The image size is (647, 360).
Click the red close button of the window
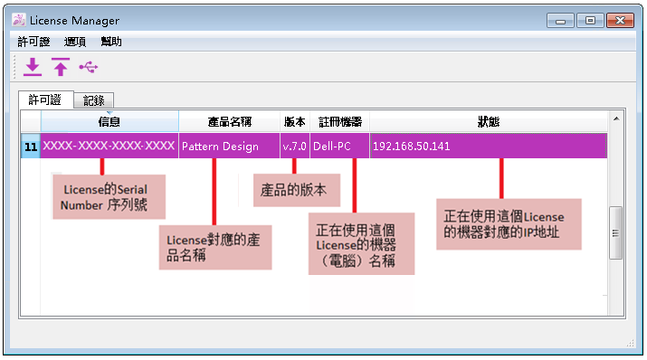(x=620, y=20)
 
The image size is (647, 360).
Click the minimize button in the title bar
(x=560, y=20)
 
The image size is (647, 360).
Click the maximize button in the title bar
(x=591, y=20)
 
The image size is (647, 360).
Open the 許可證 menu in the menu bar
(x=33, y=42)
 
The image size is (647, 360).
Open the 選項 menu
(x=75, y=42)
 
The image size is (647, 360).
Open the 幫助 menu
(x=111, y=42)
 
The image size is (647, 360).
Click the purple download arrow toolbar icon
(x=33, y=67)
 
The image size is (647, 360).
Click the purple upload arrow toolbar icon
(x=61, y=67)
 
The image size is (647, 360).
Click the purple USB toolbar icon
(x=89, y=67)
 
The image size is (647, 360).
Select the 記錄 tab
(x=94, y=100)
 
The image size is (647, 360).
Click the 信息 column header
(x=109, y=121)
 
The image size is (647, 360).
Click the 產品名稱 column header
(x=230, y=121)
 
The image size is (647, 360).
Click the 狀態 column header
(x=489, y=121)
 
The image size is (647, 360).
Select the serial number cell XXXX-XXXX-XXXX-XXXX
(x=109, y=146)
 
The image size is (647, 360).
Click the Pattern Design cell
(x=230, y=146)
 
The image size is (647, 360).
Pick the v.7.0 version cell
(x=295, y=146)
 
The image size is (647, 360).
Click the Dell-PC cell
(x=339, y=146)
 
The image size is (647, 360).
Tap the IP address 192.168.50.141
(x=412, y=146)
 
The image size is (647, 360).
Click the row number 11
(x=31, y=147)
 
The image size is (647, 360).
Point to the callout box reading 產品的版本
(x=297, y=190)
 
